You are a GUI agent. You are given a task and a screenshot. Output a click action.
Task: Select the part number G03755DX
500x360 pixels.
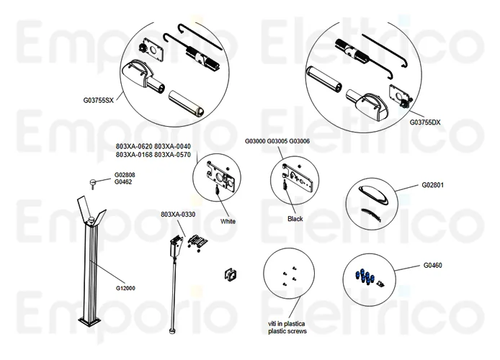point(425,122)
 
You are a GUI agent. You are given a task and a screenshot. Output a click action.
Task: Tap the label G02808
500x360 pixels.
point(125,175)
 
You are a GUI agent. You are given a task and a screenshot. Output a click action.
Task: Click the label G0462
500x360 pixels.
point(122,182)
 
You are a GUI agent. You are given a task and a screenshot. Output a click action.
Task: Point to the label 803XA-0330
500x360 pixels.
point(179,215)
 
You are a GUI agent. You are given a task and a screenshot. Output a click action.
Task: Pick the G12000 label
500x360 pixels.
point(125,288)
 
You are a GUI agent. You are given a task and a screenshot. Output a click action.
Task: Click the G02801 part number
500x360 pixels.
point(432,185)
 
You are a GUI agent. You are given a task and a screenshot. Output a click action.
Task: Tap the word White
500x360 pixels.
point(228,222)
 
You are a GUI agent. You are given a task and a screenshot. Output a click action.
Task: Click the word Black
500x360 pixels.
point(295,218)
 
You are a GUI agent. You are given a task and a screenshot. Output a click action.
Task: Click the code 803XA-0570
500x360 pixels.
point(173,155)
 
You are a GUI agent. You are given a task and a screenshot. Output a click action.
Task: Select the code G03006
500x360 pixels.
point(299,141)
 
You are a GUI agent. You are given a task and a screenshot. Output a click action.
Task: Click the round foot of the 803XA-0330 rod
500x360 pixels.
point(171,332)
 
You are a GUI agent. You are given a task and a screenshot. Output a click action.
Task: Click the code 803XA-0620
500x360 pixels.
point(133,146)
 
